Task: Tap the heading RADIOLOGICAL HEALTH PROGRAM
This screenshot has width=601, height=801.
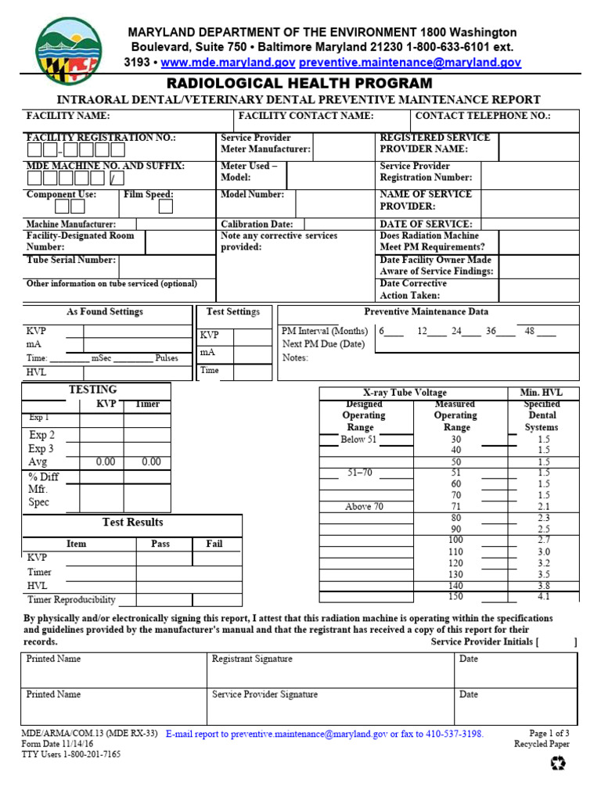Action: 298,83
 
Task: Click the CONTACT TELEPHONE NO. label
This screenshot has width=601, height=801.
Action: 483,116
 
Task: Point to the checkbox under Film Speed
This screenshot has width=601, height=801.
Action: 166,207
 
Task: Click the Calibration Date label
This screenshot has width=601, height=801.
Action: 257,224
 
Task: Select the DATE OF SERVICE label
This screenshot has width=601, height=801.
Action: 426,224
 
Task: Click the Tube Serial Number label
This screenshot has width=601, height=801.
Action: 71,260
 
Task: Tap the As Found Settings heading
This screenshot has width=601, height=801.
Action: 105,311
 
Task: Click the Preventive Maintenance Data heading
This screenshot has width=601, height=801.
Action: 426,311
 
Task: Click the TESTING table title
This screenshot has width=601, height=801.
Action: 93,390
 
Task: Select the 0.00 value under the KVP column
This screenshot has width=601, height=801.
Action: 106,462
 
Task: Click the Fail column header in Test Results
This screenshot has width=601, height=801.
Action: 214,544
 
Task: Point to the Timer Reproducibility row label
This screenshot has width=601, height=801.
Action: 71,600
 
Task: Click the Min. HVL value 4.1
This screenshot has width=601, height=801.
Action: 544,596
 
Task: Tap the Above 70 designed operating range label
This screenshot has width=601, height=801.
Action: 364,507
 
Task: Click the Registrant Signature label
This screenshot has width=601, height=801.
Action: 252,659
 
